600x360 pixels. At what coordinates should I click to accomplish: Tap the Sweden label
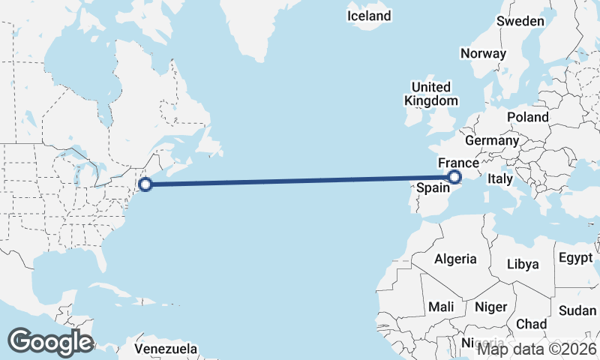tap(520, 21)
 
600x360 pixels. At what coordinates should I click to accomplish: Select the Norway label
tap(483, 54)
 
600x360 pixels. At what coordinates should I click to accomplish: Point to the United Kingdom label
tap(430, 94)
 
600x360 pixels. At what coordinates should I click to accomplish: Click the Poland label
tap(527, 117)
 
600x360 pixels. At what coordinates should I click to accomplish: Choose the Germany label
tap(492, 140)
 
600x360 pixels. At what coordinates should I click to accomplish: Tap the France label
tap(458, 163)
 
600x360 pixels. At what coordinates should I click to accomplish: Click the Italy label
tap(499, 179)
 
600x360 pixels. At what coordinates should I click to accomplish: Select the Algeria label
tap(455, 259)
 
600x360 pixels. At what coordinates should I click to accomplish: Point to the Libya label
tap(523, 264)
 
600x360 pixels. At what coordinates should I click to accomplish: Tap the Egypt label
tap(575, 258)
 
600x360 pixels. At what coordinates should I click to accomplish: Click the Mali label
tap(441, 307)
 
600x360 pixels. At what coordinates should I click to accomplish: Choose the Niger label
tap(490, 307)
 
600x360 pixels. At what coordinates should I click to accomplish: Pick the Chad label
tap(531, 324)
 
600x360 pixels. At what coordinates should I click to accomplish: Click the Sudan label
tap(577, 310)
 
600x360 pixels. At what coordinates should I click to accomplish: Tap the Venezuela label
tap(166, 349)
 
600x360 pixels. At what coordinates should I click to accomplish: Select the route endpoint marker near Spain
tap(454, 177)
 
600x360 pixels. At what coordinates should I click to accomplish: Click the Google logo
tap(50, 342)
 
